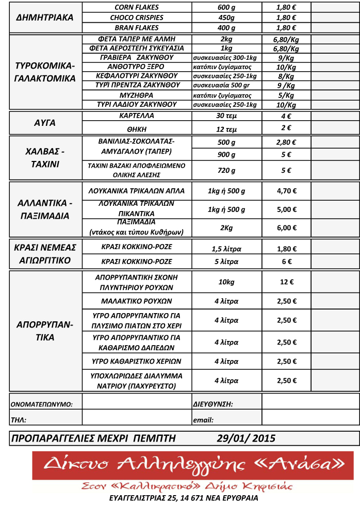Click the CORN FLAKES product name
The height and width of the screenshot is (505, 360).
(x=136, y=8)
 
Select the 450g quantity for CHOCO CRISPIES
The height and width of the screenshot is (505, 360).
(x=226, y=18)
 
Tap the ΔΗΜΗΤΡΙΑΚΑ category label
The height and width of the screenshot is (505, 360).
(x=45, y=18)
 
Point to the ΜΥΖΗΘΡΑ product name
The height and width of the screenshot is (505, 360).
(x=136, y=95)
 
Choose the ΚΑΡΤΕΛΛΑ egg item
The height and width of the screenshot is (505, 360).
(x=136, y=116)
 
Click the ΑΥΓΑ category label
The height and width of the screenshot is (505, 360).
(x=45, y=123)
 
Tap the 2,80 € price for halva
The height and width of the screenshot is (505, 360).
(x=286, y=142)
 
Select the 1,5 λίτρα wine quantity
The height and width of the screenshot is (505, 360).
(x=226, y=249)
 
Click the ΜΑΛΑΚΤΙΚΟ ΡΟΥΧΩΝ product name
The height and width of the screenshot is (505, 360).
(x=136, y=301)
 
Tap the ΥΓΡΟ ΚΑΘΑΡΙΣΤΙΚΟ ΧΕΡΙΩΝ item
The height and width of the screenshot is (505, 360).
(x=136, y=361)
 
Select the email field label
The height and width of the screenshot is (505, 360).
(x=203, y=420)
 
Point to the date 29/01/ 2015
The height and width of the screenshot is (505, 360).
(x=246, y=438)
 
